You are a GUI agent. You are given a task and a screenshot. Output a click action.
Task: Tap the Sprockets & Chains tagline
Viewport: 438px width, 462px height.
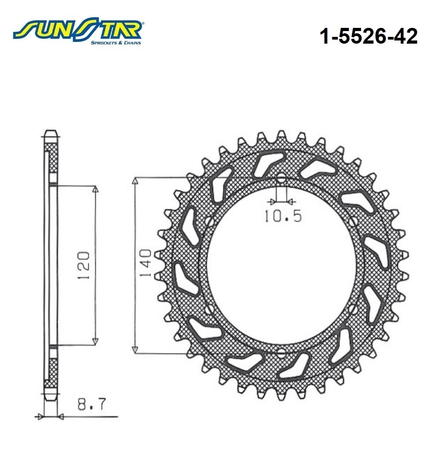tap(116, 43)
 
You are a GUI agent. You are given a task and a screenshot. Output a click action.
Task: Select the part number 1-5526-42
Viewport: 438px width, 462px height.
tap(368, 36)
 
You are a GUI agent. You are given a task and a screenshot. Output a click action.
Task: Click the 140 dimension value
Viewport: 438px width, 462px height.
tap(145, 263)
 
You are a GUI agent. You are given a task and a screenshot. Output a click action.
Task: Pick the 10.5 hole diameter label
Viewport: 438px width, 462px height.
tap(282, 216)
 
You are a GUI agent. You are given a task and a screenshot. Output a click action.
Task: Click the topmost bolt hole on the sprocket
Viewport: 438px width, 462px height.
tap(281, 177)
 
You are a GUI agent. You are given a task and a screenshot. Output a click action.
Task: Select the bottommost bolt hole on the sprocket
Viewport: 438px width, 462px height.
tap(281, 353)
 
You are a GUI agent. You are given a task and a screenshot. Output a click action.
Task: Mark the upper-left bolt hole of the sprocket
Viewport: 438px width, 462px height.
tap(210, 221)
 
